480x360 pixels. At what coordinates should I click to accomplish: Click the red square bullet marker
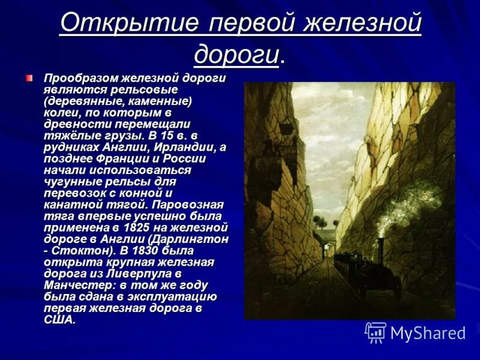[29, 78]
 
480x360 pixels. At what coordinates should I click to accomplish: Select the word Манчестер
[76, 285]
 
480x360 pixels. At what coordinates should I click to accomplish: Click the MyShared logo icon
[376, 332]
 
